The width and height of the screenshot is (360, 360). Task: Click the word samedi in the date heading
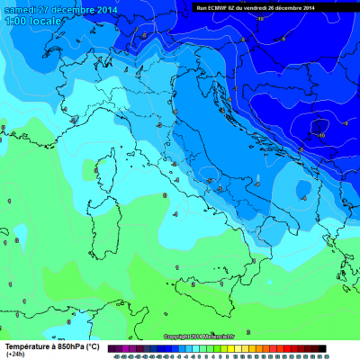point(18,10)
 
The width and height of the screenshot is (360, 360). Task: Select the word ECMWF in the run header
point(229,8)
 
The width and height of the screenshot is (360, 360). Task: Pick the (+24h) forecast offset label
point(15,355)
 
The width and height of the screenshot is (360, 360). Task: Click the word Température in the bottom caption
point(28,346)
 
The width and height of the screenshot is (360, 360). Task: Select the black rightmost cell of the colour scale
point(321,348)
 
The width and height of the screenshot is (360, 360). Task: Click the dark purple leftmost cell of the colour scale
point(111,348)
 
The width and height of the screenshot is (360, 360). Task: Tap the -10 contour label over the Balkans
point(320,134)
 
